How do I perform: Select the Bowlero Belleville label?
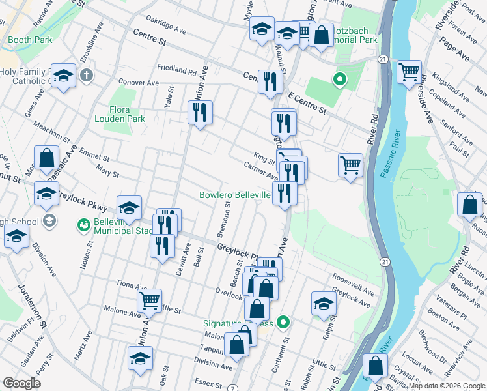(x=234, y=195)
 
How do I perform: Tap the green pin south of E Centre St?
(x=339, y=81)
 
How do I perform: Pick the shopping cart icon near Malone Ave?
(x=149, y=300)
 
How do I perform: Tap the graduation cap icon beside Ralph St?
(x=324, y=302)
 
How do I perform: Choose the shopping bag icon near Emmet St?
(x=46, y=157)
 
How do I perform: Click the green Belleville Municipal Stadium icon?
(x=83, y=225)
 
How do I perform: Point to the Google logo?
(x=21, y=383)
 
